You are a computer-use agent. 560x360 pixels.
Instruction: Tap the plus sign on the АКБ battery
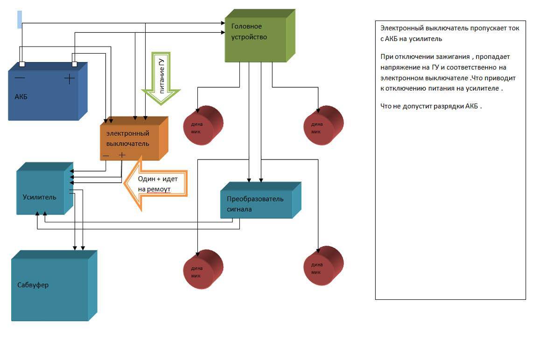click(69, 79)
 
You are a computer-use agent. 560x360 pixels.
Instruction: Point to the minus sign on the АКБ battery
click(20, 78)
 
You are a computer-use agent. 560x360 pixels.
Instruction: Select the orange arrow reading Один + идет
click(156, 184)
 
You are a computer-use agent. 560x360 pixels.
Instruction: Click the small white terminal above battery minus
click(22, 64)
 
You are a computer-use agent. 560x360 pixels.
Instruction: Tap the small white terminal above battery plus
click(74, 64)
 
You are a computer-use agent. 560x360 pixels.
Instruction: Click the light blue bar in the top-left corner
click(20, 20)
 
